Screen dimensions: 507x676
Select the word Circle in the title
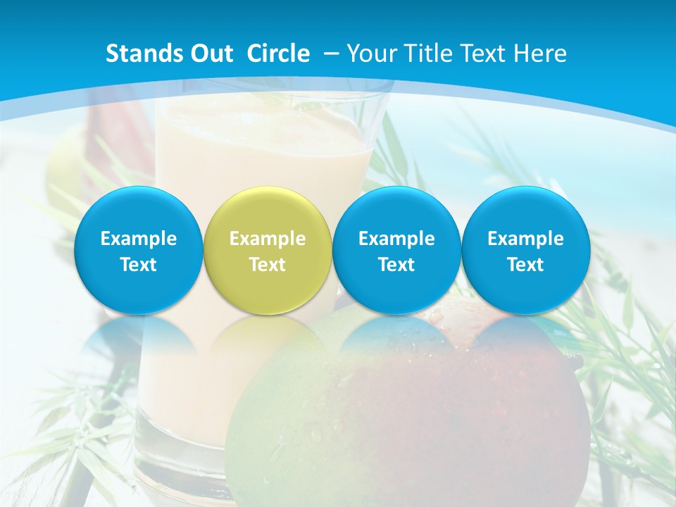pyautogui.click(x=278, y=54)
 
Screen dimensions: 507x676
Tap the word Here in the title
pyautogui.click(x=542, y=54)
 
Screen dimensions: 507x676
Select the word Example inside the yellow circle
pyautogui.click(x=267, y=239)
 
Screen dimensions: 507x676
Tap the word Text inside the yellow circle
pyautogui.click(x=267, y=265)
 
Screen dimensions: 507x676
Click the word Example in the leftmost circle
pyautogui.click(x=138, y=239)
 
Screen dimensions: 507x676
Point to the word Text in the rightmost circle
pyautogui.click(x=525, y=265)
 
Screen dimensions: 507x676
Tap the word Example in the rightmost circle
pyautogui.click(x=525, y=239)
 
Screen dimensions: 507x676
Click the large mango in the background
pyautogui.click(x=408, y=415)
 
